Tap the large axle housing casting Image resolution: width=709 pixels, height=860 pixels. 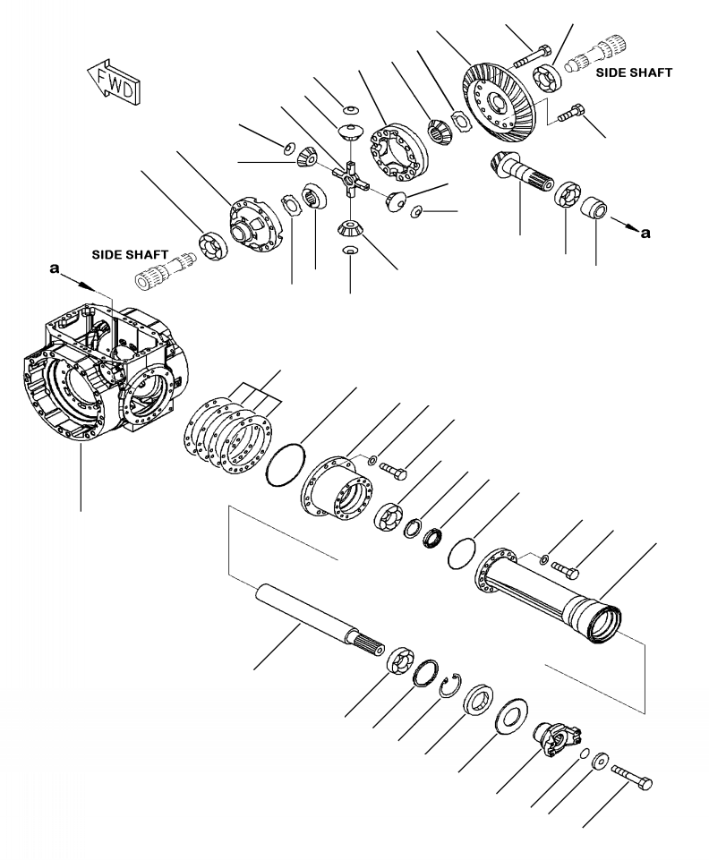coord(103,376)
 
